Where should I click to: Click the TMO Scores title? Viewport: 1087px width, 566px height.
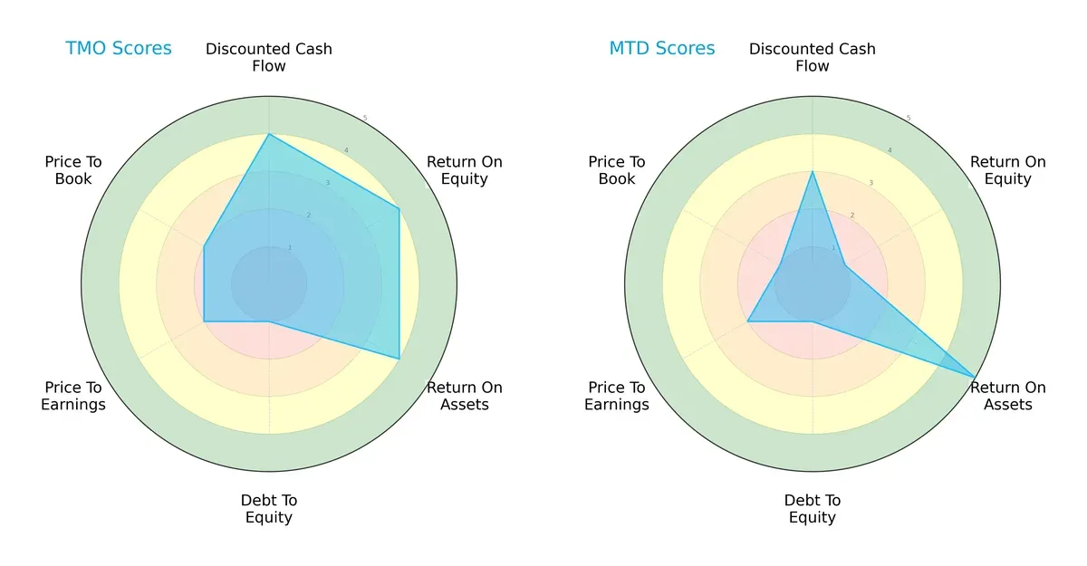click(119, 49)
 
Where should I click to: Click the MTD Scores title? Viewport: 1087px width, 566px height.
click(662, 49)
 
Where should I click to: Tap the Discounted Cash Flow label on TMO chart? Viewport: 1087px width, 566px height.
click(269, 57)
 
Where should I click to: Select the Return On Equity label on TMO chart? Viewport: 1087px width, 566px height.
click(464, 170)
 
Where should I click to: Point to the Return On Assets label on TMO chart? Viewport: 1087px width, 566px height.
click(464, 396)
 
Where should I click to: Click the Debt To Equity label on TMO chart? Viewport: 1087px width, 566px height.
click(269, 509)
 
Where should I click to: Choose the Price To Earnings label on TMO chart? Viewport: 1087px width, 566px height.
click(73, 396)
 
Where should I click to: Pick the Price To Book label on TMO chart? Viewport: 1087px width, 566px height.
click(73, 170)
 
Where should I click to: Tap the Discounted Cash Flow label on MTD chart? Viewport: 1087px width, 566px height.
click(813, 57)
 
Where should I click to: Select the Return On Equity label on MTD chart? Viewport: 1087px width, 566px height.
click(1007, 170)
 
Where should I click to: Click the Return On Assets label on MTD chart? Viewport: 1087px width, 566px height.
click(1007, 396)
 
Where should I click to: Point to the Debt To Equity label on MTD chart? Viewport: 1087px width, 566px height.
click(813, 509)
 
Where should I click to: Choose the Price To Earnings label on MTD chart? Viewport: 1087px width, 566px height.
click(617, 396)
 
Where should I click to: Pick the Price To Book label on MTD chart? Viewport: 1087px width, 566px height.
click(617, 170)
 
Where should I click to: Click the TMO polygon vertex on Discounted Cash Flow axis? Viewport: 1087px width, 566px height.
click(269, 134)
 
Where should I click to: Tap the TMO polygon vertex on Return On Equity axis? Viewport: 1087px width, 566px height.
click(399, 208)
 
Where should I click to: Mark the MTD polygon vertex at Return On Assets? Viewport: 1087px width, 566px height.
click(976, 377)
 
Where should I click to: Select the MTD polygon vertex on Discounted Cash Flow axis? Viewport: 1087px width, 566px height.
click(813, 171)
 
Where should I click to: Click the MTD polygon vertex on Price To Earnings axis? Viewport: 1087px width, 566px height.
click(747, 321)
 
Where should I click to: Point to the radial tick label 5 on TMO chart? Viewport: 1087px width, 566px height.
click(365, 119)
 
